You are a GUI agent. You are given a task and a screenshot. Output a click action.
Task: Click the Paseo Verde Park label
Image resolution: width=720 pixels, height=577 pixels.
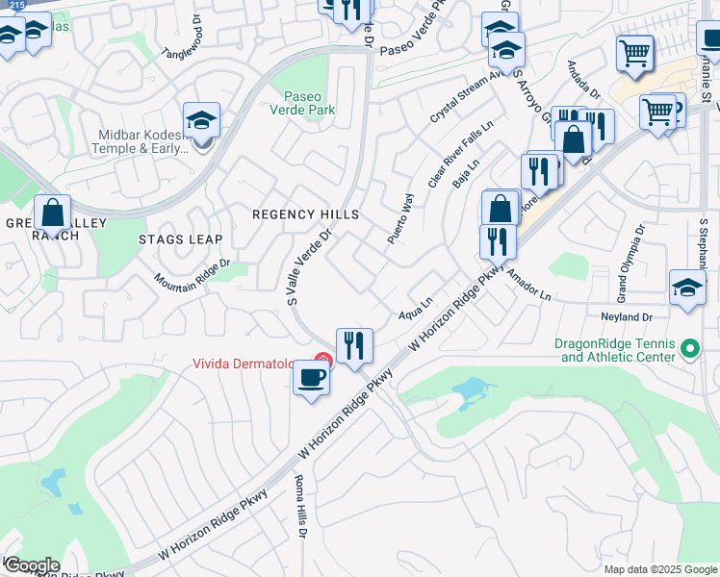pyautogui.click(x=310, y=103)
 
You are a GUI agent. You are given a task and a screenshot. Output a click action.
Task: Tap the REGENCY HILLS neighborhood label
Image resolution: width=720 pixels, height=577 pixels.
pyautogui.click(x=305, y=214)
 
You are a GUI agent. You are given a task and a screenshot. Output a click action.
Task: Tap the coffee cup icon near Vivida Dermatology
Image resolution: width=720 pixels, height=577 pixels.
pyautogui.click(x=311, y=377)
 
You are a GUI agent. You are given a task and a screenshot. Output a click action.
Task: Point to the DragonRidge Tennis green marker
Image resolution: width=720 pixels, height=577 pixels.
pyautogui.click(x=689, y=348)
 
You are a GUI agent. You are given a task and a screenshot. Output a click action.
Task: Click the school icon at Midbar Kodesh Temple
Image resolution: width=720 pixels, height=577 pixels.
pyautogui.click(x=201, y=120)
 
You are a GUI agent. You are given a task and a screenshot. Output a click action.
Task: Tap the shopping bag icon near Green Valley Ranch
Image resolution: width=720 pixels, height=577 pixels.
pyautogui.click(x=52, y=213)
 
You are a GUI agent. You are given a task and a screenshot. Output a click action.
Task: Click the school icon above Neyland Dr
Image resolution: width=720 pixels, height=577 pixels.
pyautogui.click(x=687, y=288)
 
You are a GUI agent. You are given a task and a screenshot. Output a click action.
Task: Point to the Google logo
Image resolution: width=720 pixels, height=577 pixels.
pyautogui.click(x=32, y=565)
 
